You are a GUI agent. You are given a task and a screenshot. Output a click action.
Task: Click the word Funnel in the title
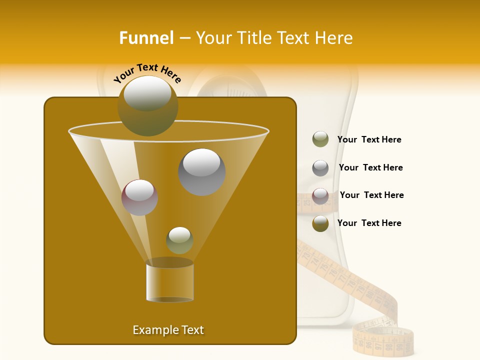pyautogui.click(x=146, y=38)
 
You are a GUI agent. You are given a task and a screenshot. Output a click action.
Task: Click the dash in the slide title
pyautogui.click(x=184, y=38)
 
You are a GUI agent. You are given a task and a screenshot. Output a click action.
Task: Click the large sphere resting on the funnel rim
pyautogui.click(x=148, y=105)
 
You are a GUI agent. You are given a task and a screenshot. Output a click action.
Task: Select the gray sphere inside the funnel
pyautogui.click(x=202, y=171)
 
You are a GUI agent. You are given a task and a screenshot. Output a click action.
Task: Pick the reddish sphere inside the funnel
pyautogui.click(x=140, y=197)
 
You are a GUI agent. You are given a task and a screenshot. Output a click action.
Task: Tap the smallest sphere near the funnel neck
pyautogui.click(x=179, y=240)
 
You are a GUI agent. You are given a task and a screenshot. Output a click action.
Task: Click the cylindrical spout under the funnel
pyautogui.click(x=170, y=280)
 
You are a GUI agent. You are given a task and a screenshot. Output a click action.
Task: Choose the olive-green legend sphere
pyautogui.click(x=320, y=139)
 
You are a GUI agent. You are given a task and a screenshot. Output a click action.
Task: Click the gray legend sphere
pyautogui.click(x=320, y=167)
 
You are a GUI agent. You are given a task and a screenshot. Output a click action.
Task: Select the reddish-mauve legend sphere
pyautogui.click(x=320, y=195)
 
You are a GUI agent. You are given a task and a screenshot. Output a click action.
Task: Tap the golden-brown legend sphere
pyautogui.click(x=320, y=223)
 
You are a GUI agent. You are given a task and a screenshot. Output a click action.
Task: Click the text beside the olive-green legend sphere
pyautogui.click(x=369, y=139)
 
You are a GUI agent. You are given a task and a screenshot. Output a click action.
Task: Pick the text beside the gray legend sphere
pyautogui.click(x=370, y=167)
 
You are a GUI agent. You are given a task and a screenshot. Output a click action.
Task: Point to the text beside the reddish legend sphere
pyautogui.click(x=371, y=195)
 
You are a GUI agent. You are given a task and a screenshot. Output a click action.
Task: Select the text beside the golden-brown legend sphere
pyautogui.click(x=369, y=223)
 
